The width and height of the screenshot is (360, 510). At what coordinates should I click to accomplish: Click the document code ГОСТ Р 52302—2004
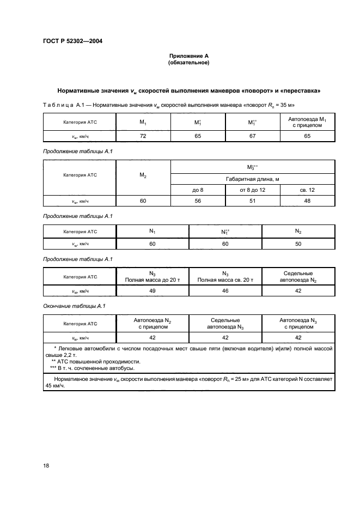tap(72, 41)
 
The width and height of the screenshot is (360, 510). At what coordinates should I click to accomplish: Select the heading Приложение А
tap(188, 56)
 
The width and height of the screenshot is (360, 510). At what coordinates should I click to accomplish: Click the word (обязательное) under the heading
tap(188, 63)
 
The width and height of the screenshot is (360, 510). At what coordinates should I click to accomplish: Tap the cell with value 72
tap(143, 136)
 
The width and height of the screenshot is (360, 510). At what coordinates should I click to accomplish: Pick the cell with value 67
tap(252, 136)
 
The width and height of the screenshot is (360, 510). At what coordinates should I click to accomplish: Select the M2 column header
tap(143, 175)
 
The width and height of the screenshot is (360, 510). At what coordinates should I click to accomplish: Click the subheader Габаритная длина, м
tap(252, 179)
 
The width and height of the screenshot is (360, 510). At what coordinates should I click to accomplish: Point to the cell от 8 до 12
tap(252, 190)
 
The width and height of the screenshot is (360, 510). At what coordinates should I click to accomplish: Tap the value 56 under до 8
tap(198, 201)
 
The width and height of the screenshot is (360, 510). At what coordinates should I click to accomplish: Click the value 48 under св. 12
tap(307, 201)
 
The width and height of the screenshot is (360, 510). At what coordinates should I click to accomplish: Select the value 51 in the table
tap(252, 201)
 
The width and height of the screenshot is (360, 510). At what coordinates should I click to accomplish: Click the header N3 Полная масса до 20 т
tap(152, 276)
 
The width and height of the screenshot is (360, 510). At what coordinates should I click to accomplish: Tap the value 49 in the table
tap(152, 291)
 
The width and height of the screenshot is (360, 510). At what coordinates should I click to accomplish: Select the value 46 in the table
tap(225, 291)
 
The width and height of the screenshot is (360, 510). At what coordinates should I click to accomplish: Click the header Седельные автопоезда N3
tap(225, 324)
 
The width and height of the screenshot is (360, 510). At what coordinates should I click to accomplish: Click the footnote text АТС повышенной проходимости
tap(95, 361)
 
